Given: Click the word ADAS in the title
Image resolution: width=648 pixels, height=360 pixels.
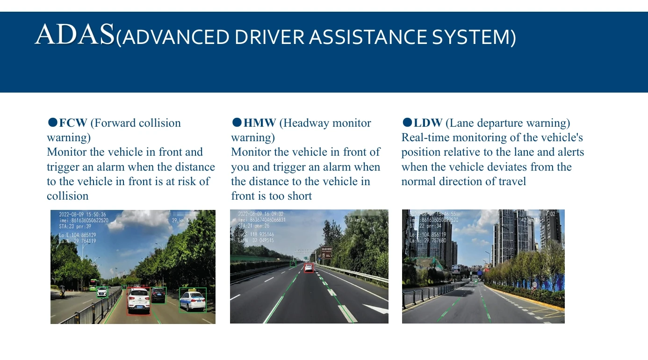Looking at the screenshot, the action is click(x=74, y=35).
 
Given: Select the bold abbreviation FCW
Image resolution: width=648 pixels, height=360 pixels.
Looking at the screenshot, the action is click(x=73, y=123).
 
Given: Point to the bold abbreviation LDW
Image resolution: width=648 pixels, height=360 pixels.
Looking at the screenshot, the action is click(x=428, y=123).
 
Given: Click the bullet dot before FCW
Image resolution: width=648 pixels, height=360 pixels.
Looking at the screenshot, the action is click(x=52, y=122).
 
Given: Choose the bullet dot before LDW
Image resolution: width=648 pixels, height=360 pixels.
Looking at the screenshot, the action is click(x=407, y=122).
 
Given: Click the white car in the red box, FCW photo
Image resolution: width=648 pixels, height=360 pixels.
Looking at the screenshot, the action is click(x=139, y=301).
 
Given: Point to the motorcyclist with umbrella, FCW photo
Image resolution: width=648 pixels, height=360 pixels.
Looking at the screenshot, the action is click(x=62, y=292).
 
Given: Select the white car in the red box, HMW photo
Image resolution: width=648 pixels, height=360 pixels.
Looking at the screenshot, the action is click(x=309, y=268).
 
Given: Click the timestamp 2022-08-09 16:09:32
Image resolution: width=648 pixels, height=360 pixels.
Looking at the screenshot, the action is click(x=261, y=214).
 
